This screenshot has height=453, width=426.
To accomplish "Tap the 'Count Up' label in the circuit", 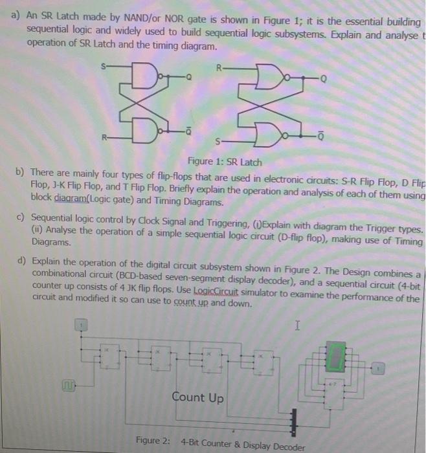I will (198, 398).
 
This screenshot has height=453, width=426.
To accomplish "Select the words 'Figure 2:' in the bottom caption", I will (153, 441).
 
